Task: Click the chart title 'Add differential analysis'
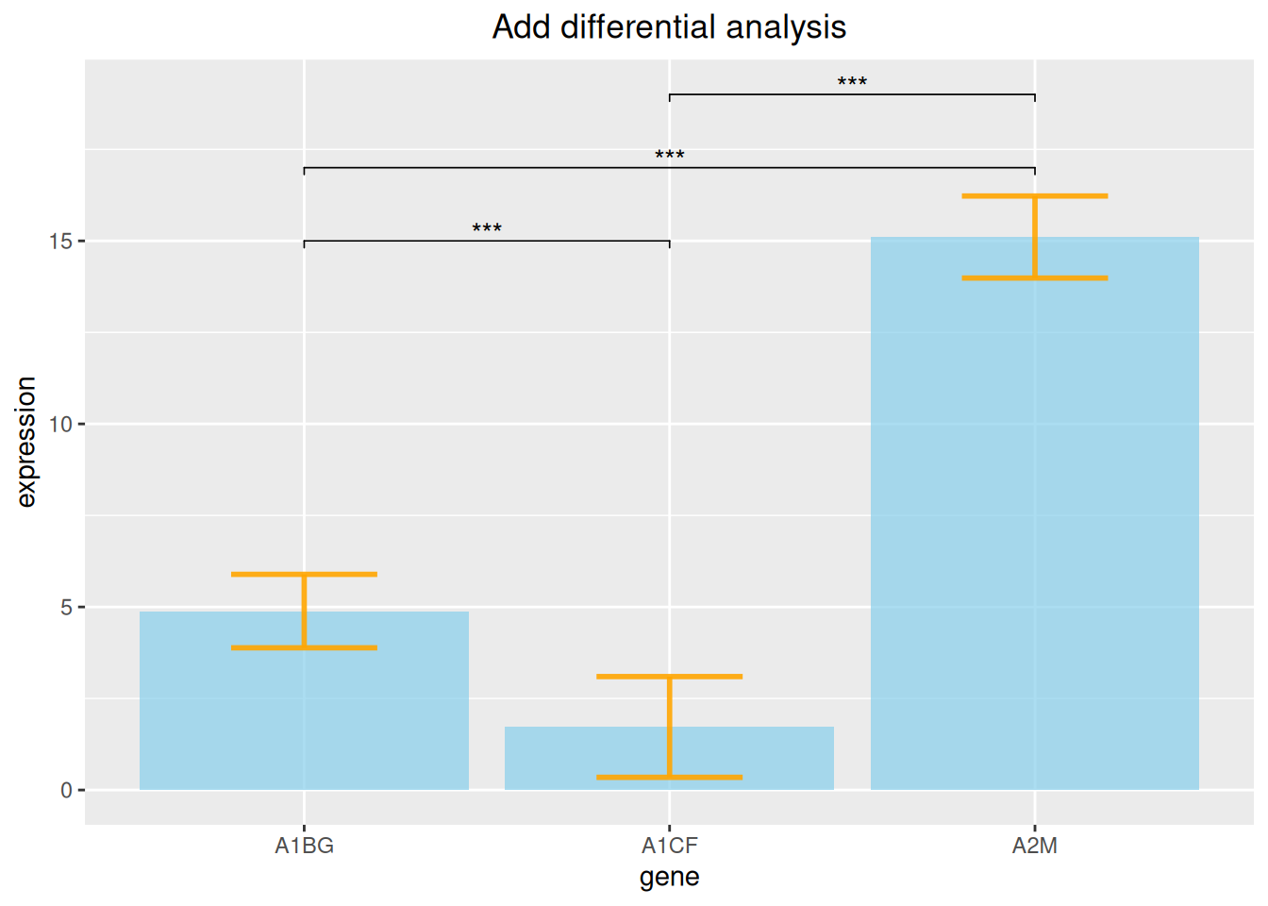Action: (669, 26)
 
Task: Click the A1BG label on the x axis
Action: (304, 846)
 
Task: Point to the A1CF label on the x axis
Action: (669, 846)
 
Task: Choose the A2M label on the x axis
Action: (1034, 846)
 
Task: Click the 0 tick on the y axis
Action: (66, 790)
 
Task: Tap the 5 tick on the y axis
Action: (66, 607)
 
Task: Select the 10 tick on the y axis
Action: (60, 424)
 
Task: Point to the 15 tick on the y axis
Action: (60, 241)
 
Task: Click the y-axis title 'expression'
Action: (25, 442)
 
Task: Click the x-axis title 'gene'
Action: (669, 878)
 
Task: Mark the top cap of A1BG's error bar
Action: (304, 574)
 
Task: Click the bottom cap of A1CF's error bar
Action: (669, 777)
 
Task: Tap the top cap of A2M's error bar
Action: (1034, 196)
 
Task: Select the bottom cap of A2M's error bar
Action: (1034, 277)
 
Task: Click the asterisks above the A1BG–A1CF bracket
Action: (486, 229)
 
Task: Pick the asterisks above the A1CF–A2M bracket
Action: (852, 83)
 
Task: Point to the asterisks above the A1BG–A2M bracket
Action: (669, 156)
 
